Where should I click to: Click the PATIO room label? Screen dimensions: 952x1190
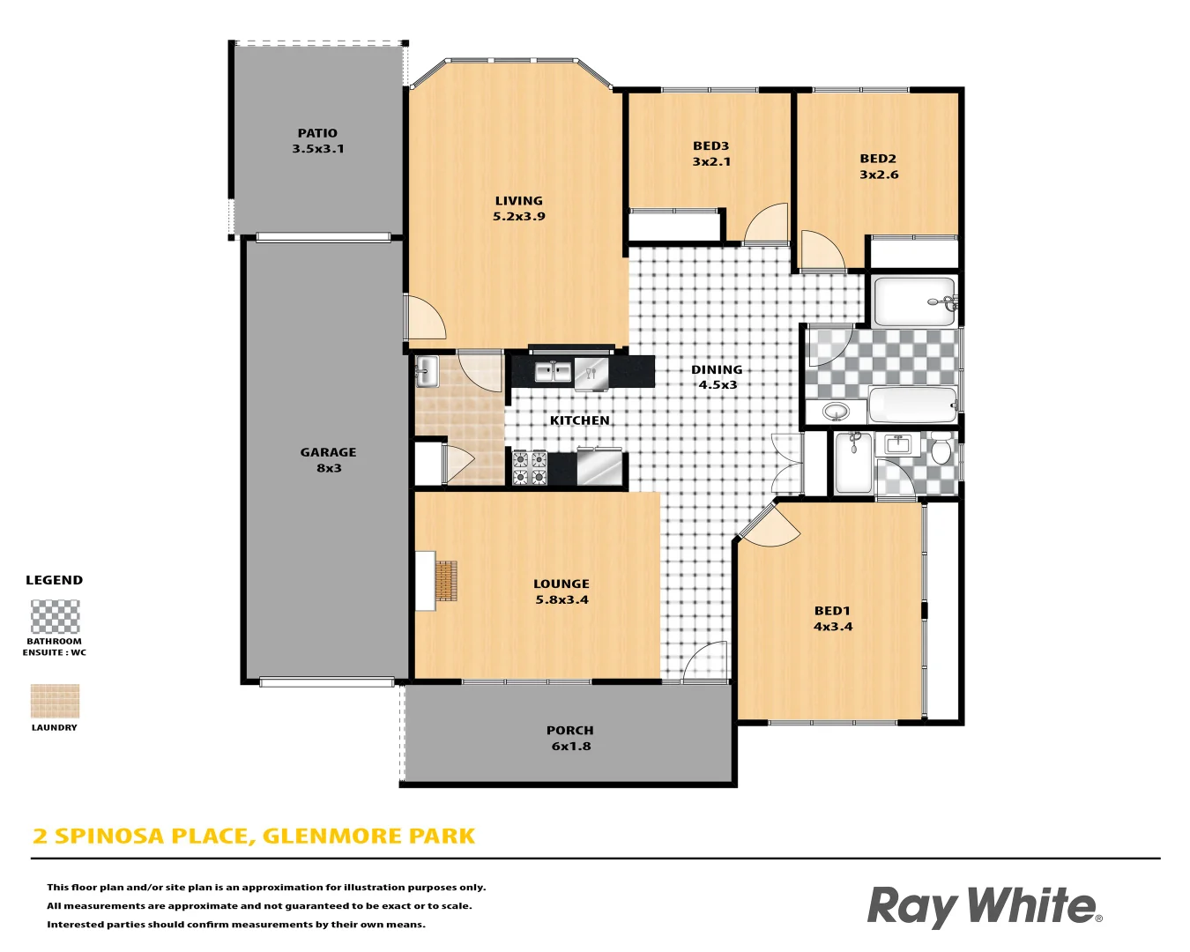(317, 133)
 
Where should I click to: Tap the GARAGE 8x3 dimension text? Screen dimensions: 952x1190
(329, 468)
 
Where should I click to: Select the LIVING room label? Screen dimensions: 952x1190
(518, 201)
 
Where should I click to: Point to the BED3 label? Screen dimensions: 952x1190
(710, 146)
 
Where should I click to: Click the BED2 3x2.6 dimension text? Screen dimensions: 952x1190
(879, 175)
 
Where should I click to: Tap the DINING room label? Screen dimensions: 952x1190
(717, 370)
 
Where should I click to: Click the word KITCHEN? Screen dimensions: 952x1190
(579, 420)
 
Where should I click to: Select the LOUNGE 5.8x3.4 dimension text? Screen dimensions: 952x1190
(562, 599)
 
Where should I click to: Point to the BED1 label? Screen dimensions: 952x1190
(832, 611)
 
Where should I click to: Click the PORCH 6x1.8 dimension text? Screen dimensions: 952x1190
(571, 746)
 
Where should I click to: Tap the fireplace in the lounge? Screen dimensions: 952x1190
(446, 581)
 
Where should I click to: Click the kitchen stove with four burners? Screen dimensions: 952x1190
(530, 468)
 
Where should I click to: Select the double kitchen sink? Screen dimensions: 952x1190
(554, 372)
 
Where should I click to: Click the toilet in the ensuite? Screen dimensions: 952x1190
(941, 450)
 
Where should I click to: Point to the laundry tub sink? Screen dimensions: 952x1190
(427, 371)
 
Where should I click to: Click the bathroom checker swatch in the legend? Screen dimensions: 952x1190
(56, 617)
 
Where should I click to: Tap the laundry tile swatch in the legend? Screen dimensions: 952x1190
(56, 702)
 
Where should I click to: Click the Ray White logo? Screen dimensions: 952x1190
(984, 906)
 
